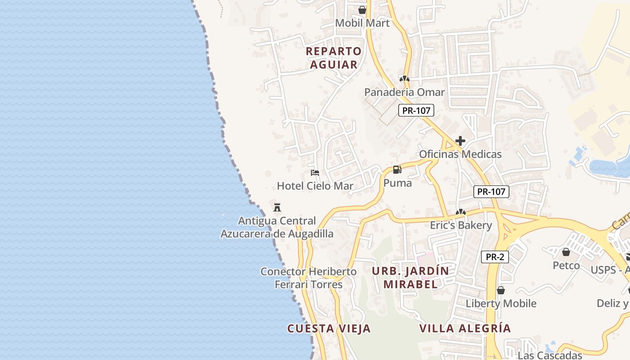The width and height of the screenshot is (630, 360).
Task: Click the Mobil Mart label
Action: point(362,23)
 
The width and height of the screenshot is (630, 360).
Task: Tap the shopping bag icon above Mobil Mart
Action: point(362,9)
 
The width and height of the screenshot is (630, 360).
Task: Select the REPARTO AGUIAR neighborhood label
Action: point(333,58)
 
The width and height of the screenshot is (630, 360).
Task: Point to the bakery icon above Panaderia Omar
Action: point(404,79)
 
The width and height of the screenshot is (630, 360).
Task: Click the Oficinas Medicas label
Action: point(460,154)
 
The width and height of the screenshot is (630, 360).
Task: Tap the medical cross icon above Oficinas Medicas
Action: point(460,141)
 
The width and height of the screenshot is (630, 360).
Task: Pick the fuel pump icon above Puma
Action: point(397,170)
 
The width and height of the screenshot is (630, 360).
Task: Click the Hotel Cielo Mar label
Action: point(315,186)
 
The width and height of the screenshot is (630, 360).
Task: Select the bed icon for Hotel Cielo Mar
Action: point(315,172)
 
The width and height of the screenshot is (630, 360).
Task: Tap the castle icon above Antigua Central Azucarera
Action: point(277,207)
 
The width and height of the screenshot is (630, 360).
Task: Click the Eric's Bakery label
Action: point(461,225)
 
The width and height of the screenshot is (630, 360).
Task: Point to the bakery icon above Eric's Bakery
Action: point(460,212)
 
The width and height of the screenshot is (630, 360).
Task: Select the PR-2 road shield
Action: point(495,257)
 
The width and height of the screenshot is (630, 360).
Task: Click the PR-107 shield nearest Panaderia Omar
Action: point(416,110)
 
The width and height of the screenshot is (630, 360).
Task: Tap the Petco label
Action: point(566,265)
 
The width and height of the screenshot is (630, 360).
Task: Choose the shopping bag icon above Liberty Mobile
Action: point(500,290)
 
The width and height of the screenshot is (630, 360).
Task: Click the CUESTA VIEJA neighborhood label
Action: point(329,328)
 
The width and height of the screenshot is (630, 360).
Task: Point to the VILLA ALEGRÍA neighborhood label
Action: point(465,328)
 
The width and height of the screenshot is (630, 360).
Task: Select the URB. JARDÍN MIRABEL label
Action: point(410,278)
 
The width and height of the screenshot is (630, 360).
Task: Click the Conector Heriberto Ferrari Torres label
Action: point(309,278)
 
